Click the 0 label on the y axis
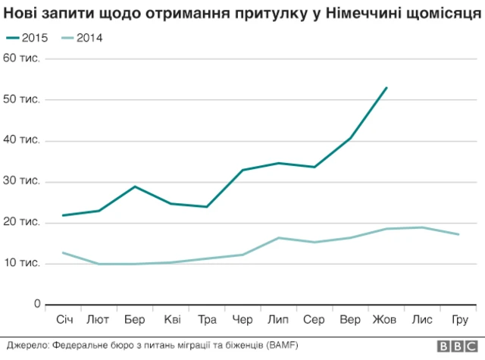pyautogui.click(x=36, y=304)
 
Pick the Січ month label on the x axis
pyautogui.click(x=63, y=320)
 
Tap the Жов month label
pyautogui.click(x=386, y=320)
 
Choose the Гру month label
pyautogui.click(x=459, y=320)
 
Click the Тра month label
pyautogui.click(x=207, y=320)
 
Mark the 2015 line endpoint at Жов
pyautogui.click(x=386, y=88)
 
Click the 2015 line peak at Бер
pyautogui.click(x=135, y=186)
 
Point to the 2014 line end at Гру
pyautogui.click(x=458, y=234)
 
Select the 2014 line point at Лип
pyautogui.click(x=279, y=238)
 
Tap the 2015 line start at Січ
pyautogui.click(x=63, y=215)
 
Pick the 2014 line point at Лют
pyautogui.click(x=99, y=264)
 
